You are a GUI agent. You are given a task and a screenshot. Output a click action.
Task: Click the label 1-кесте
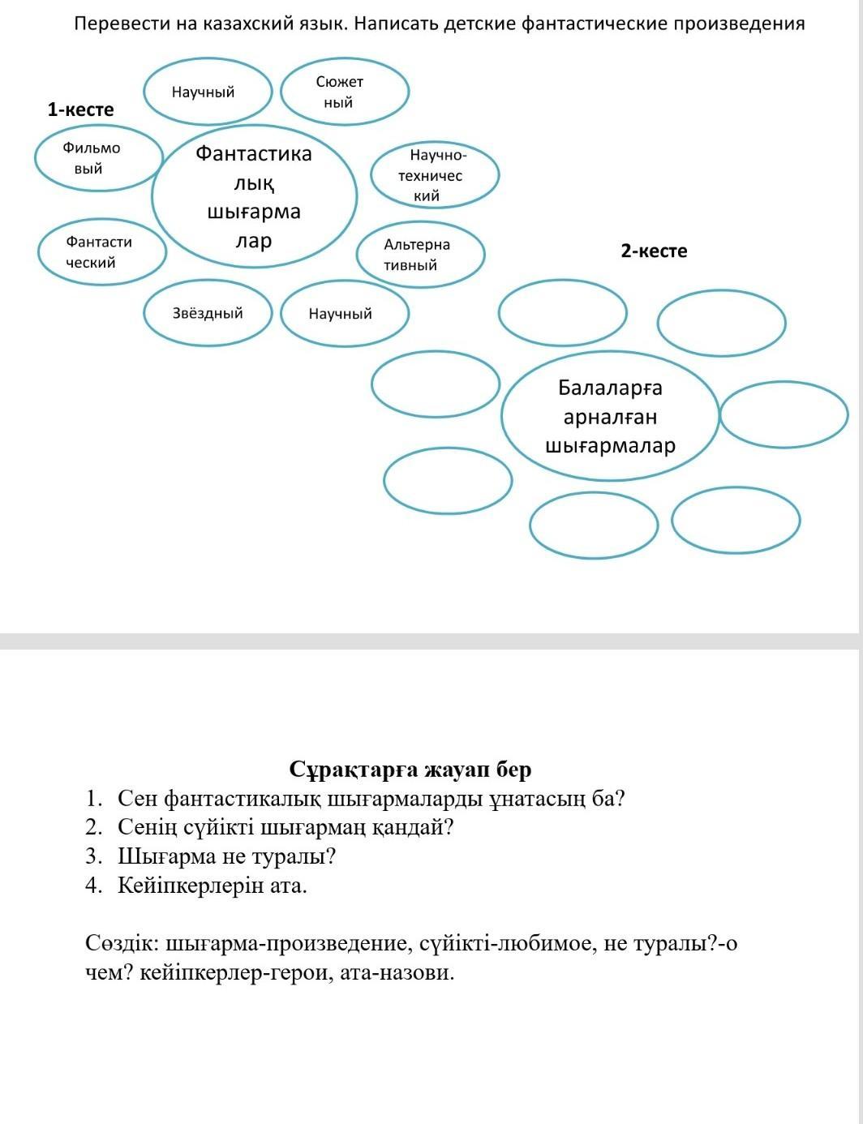[80, 109]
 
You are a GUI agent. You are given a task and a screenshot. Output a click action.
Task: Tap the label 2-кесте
[654, 251]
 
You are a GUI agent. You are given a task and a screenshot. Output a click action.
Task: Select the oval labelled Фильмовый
[97, 158]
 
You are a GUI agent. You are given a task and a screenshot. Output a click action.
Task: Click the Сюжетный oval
[344, 92]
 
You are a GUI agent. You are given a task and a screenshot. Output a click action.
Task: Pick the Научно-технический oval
[435, 174]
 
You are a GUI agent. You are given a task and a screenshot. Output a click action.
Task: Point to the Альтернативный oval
[420, 255]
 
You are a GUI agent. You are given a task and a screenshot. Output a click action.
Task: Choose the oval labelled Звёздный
[208, 313]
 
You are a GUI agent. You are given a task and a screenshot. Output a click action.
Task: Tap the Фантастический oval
[101, 251]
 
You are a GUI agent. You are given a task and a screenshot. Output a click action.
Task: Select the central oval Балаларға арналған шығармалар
[610, 417]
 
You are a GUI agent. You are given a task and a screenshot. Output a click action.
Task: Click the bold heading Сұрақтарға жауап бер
[410, 769]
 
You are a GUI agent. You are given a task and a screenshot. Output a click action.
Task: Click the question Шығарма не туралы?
[226, 856]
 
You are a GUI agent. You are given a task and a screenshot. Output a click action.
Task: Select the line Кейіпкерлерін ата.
[213, 885]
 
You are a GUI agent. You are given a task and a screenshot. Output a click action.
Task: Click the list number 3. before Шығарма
[93, 856]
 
